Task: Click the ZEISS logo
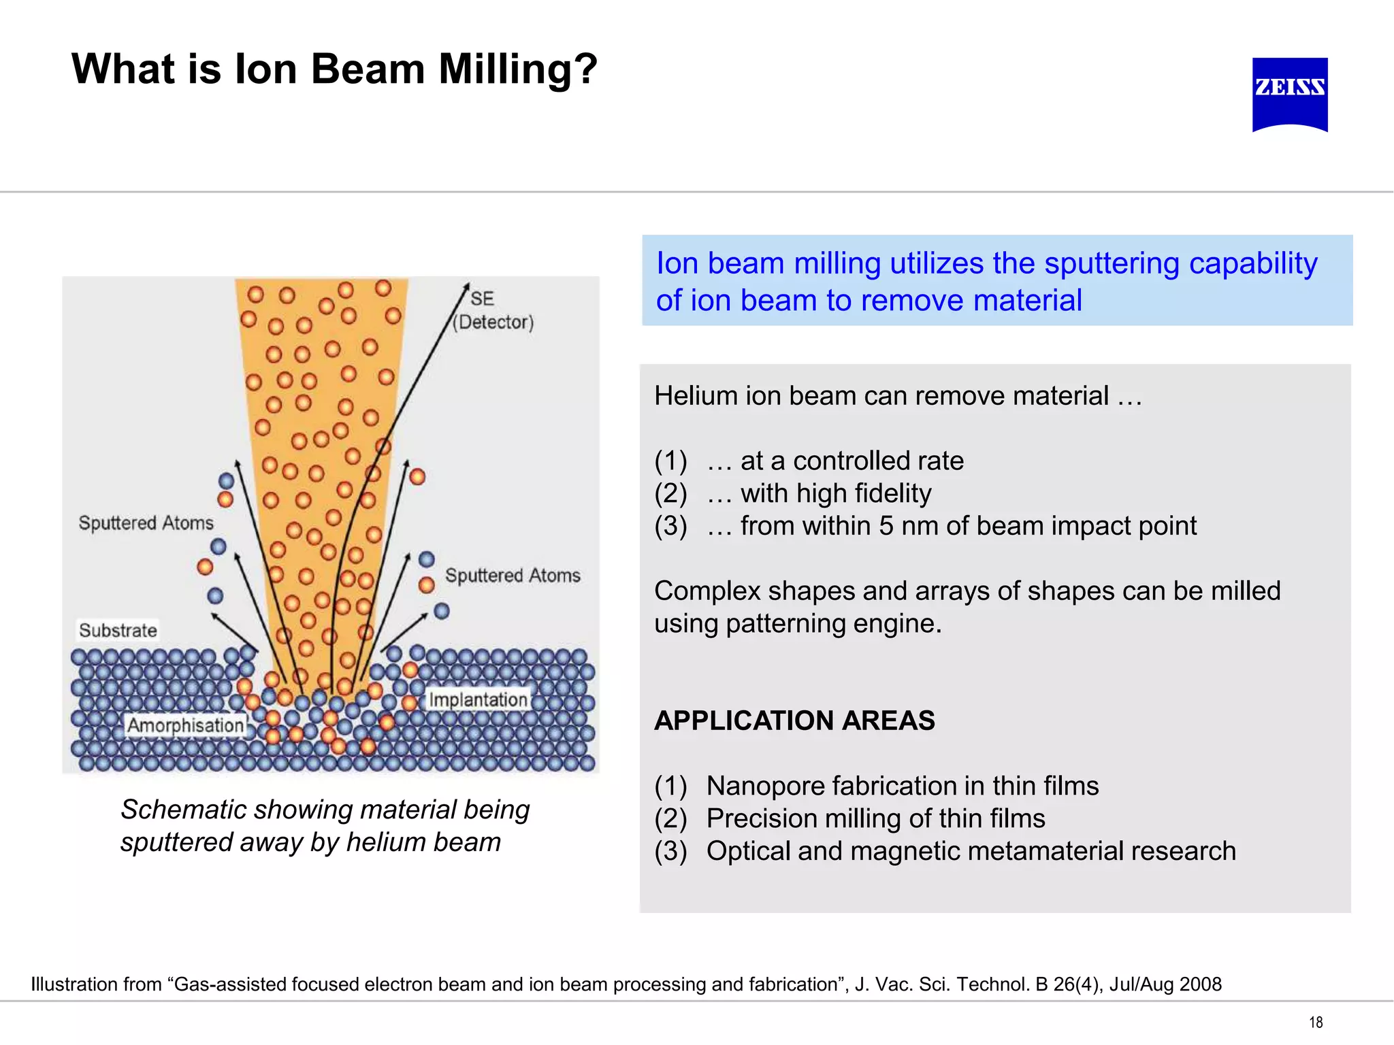coord(1290,94)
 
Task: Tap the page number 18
coord(1316,1022)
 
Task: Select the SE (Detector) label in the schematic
coord(493,310)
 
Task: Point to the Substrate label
coord(118,630)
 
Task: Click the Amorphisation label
coord(185,725)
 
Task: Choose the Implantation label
coord(478,699)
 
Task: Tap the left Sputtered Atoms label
coord(146,522)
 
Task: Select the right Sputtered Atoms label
coord(513,576)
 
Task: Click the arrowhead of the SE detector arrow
coord(467,286)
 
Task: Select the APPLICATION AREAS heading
coord(794,720)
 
